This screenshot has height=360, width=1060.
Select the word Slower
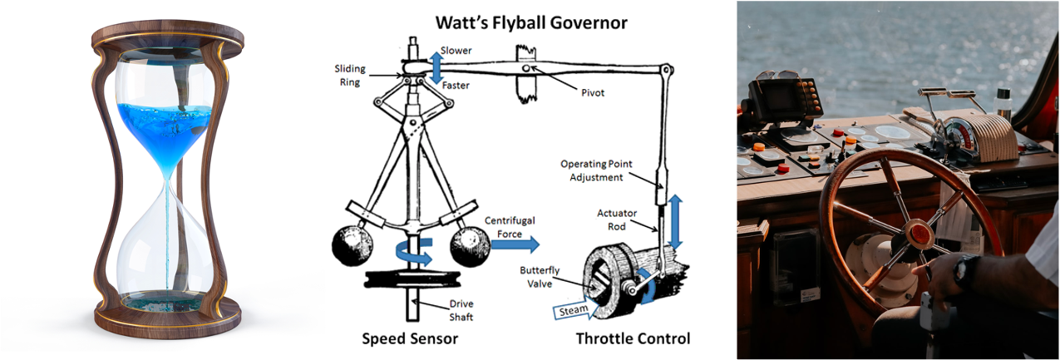pos(456,51)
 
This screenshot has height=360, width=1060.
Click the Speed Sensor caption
pos(410,339)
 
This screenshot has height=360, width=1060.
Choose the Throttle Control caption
pos(633,339)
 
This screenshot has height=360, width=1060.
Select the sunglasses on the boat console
pos(778,76)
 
